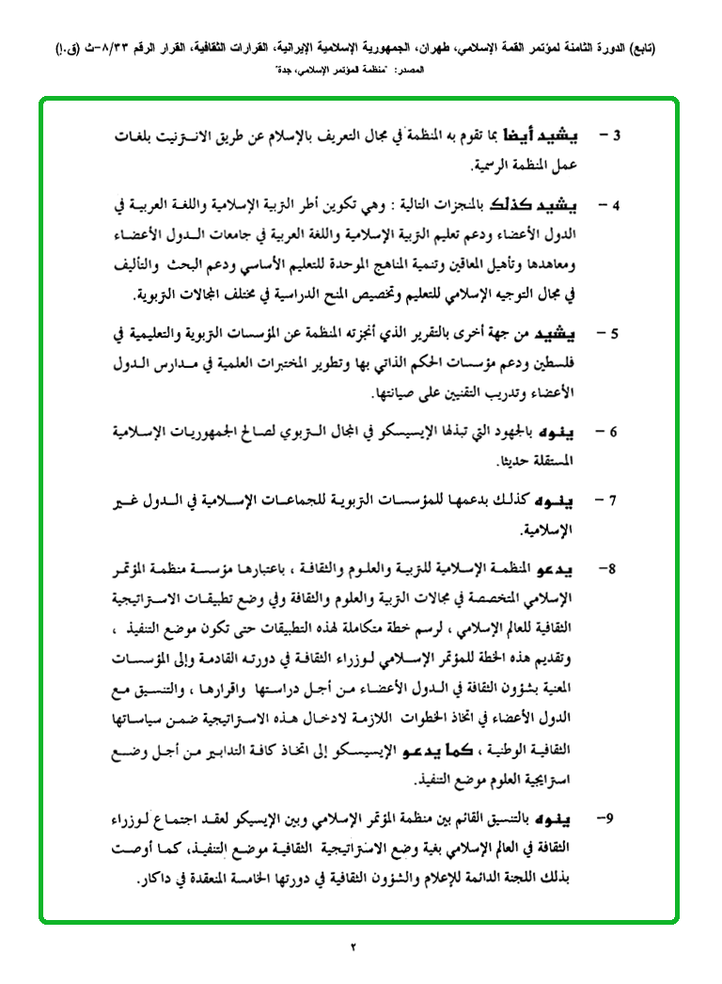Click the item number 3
618,135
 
